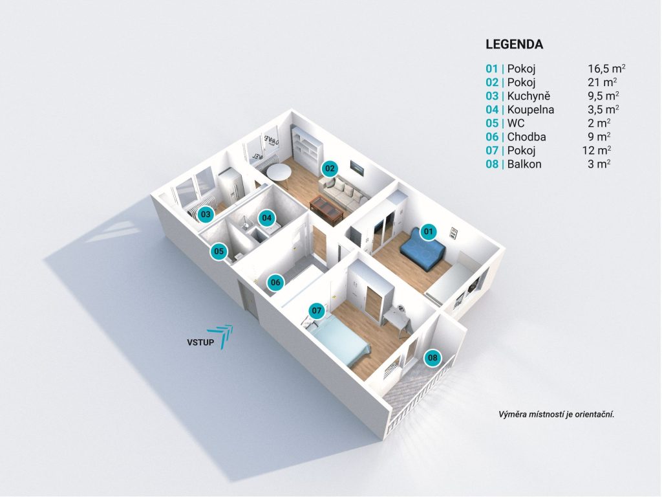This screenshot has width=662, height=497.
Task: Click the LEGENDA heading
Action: click(x=514, y=45)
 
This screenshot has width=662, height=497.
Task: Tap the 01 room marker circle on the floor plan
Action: click(x=427, y=230)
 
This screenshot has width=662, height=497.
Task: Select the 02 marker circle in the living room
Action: click(x=330, y=169)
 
